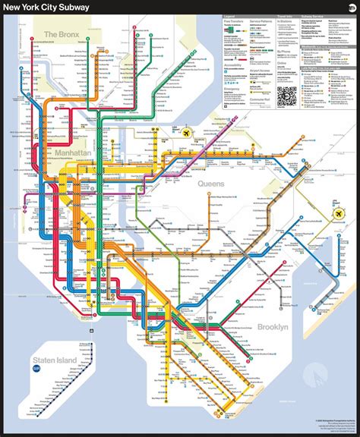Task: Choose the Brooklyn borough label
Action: click(271, 327)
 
